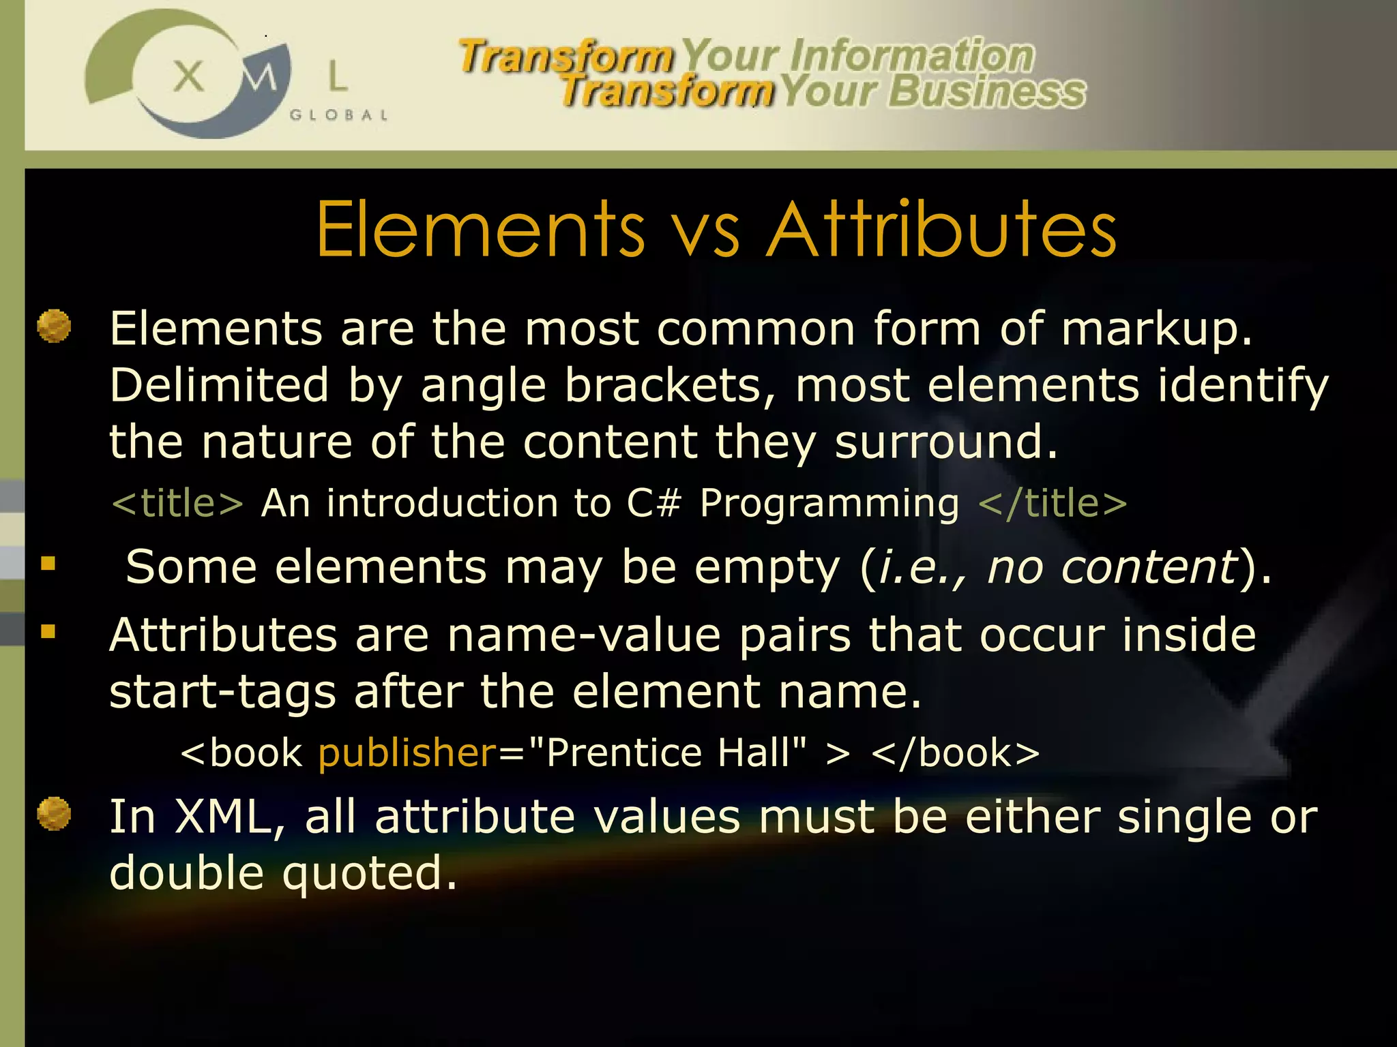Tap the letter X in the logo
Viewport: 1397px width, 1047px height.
coord(188,76)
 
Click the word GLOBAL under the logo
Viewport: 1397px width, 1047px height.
coord(338,115)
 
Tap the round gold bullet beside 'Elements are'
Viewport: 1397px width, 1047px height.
coord(54,326)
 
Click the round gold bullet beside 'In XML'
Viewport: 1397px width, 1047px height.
coord(54,814)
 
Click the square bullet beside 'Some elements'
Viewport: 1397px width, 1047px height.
coord(48,563)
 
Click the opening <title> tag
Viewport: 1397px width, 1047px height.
coord(177,503)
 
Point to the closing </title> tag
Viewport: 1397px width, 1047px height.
coord(1052,503)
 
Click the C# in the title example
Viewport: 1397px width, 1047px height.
coord(654,503)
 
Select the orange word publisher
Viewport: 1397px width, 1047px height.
coord(407,753)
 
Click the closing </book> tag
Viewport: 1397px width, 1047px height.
coord(955,753)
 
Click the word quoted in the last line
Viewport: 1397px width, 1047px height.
coord(369,875)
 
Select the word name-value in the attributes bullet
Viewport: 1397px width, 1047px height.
coord(584,635)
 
